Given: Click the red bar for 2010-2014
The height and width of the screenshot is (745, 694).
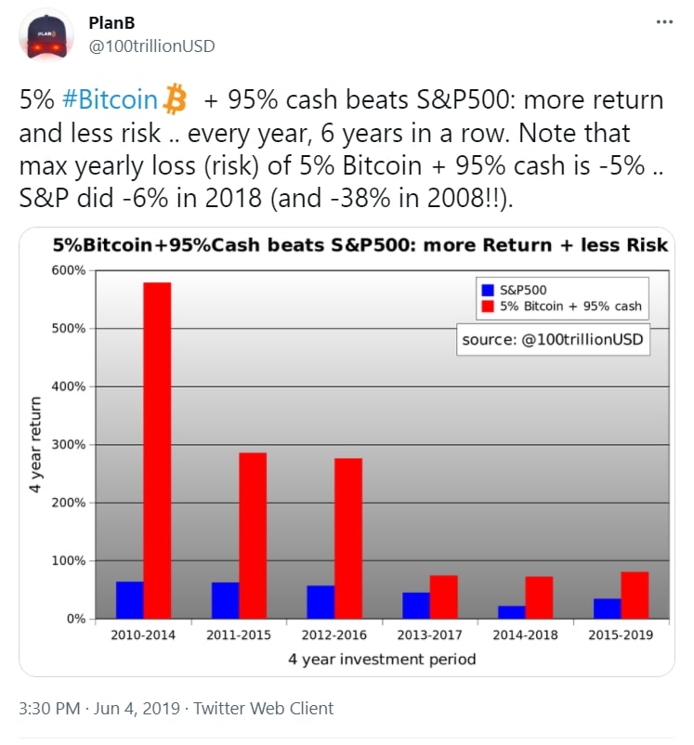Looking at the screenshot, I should click(157, 450).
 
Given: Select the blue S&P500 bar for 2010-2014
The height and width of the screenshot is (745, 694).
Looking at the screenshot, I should click(130, 600).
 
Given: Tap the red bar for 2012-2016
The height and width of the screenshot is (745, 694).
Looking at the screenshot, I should click(348, 538).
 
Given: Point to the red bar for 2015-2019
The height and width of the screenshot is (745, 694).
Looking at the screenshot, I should click(635, 595).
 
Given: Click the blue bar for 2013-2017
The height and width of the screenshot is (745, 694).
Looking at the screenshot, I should click(416, 606).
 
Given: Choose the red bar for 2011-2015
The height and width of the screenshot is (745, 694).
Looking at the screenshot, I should click(253, 535).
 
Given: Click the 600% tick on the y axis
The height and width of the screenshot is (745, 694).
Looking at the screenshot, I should click(71, 270).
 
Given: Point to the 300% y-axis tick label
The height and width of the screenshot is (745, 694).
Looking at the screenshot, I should click(71, 445).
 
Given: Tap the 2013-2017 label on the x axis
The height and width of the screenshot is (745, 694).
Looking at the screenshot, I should click(430, 635).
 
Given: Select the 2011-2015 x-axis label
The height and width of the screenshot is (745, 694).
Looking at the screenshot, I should click(239, 635).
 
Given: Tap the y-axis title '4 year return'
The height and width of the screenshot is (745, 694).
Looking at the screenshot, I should click(36, 444).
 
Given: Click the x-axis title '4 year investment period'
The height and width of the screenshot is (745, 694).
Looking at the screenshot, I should click(383, 660).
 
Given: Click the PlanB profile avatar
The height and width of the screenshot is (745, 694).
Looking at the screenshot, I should click(50, 34).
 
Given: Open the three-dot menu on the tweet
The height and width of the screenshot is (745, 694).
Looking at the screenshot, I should click(663, 21).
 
